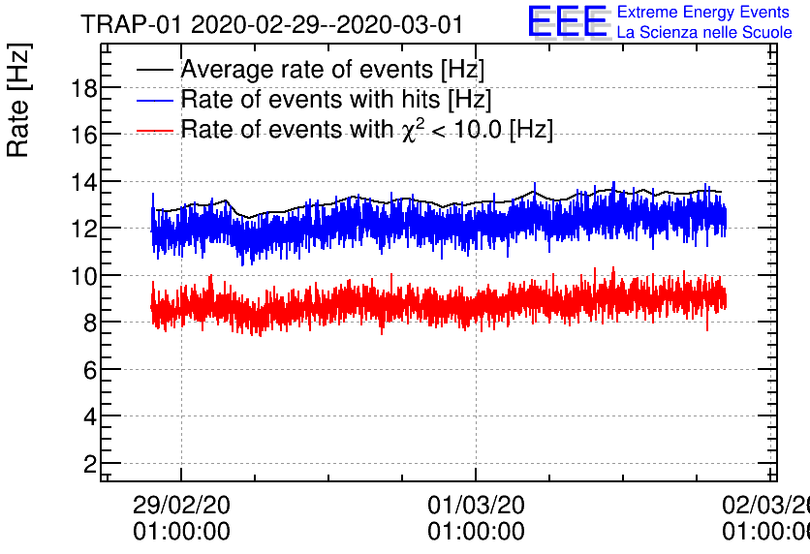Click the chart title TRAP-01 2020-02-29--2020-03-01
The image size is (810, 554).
click(272, 23)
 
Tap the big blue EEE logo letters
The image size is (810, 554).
click(568, 21)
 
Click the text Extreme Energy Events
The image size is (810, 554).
click(702, 13)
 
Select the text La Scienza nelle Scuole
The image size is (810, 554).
click(703, 33)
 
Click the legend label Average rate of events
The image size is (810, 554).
click(332, 71)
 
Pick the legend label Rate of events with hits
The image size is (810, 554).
click(336, 100)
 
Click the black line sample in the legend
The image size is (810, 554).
click(154, 71)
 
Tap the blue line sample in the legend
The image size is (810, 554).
click(154, 100)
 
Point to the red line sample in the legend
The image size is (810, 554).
click(154, 129)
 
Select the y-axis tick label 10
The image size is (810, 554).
click(82, 276)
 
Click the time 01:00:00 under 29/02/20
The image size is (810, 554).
click(181, 532)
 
